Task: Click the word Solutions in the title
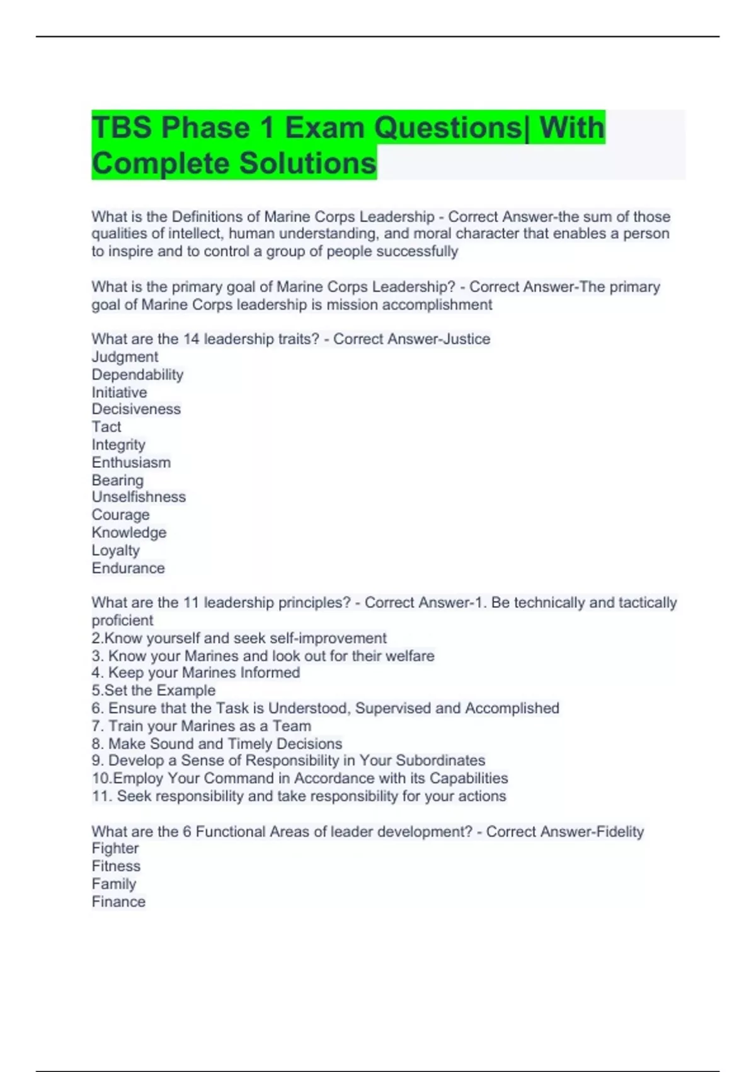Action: pyautogui.click(x=307, y=163)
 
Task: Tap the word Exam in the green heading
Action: pyautogui.click(x=324, y=128)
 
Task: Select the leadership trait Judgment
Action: pyautogui.click(x=125, y=357)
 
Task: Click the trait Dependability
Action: pyautogui.click(x=137, y=375)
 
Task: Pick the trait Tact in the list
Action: pyautogui.click(x=106, y=427)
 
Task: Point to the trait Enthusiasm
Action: pyautogui.click(x=131, y=462)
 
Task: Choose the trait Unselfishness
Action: pyautogui.click(x=139, y=497)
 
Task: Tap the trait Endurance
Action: pyautogui.click(x=128, y=568)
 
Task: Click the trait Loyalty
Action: pyautogui.click(x=116, y=551)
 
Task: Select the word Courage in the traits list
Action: pyautogui.click(x=120, y=515)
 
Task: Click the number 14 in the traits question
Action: pyautogui.click(x=191, y=339)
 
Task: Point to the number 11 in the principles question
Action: pyautogui.click(x=191, y=603)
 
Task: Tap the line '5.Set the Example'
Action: pyautogui.click(x=154, y=690)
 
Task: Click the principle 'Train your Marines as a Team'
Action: pyautogui.click(x=210, y=726)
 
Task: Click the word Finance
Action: pyautogui.click(x=118, y=902)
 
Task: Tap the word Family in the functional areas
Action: pyautogui.click(x=114, y=884)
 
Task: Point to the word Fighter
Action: pyautogui.click(x=115, y=849)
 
